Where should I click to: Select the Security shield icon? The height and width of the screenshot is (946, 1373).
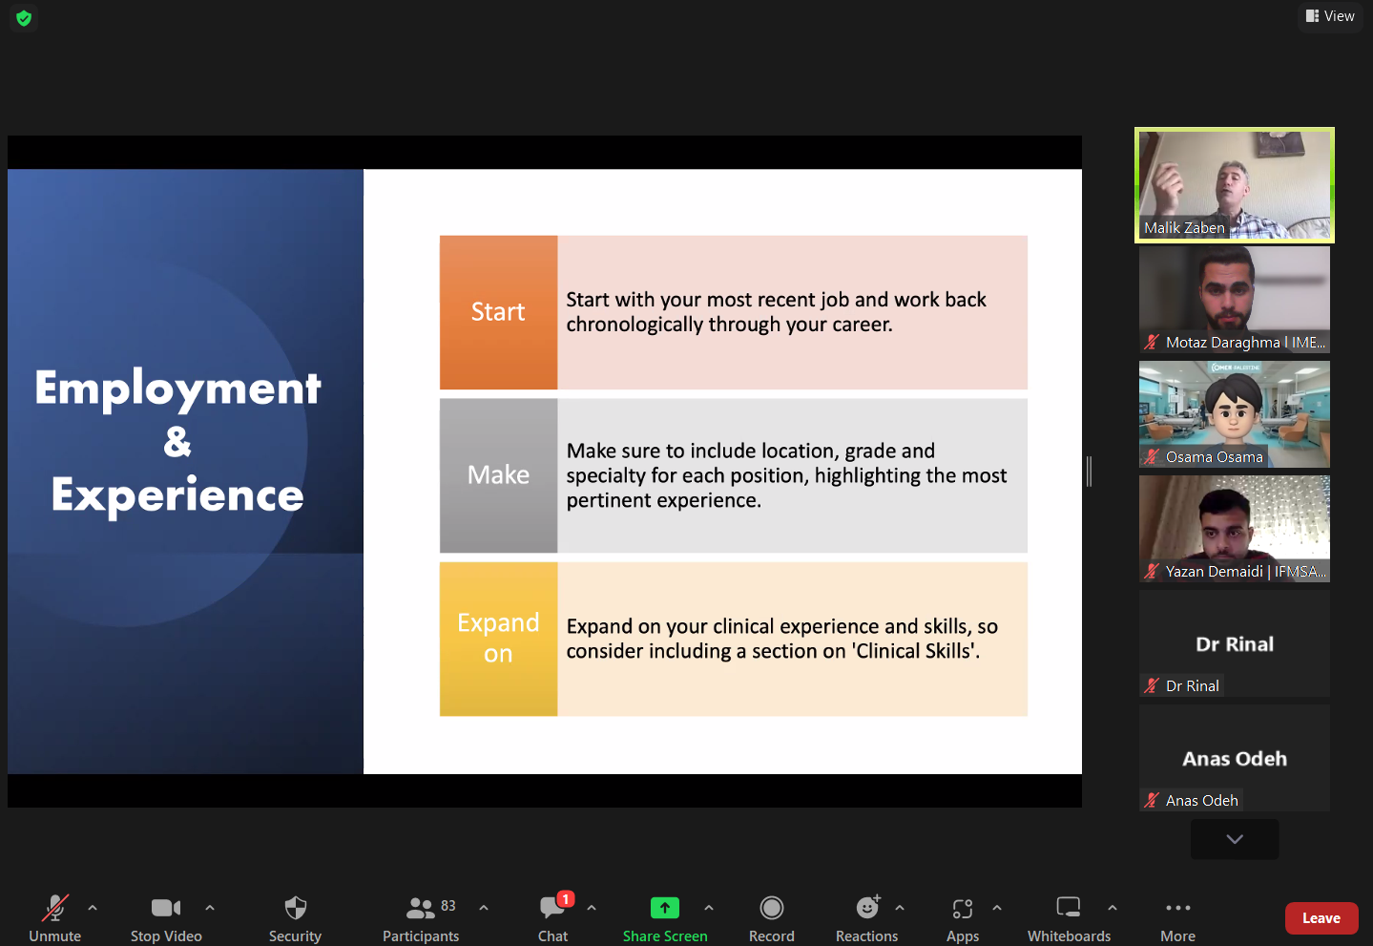coord(296,908)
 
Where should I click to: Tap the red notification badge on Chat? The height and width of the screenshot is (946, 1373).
coord(566,899)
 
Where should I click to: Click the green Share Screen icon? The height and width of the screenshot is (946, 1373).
coord(665,908)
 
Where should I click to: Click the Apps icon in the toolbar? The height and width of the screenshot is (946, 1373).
coord(963,908)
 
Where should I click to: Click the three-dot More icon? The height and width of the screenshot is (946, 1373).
coord(1178,908)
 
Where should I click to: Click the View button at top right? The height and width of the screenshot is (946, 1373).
coord(1330,16)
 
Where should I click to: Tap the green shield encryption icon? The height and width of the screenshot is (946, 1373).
coord(24,18)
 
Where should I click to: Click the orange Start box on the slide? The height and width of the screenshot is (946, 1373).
coord(498,312)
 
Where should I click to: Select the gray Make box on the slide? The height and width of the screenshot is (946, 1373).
coord(498,475)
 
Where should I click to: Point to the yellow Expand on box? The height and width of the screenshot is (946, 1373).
coord(498,639)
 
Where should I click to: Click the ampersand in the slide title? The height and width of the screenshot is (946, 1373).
coord(177,441)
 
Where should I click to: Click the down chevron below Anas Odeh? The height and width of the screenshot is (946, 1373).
coord(1235,839)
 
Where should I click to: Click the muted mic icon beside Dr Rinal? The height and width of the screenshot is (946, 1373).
coord(1152,685)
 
